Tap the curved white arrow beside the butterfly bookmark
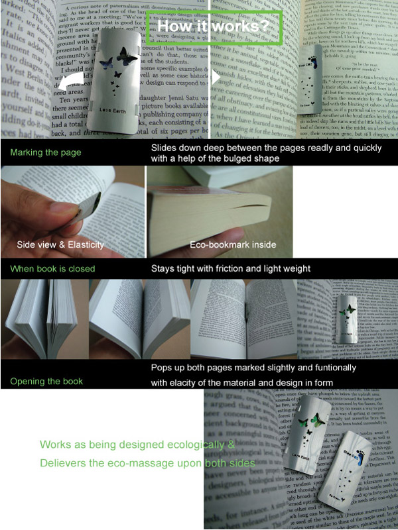pyautogui.click(x=71, y=83)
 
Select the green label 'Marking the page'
pyautogui.click(x=46, y=152)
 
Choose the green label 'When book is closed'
pyautogui.click(x=53, y=269)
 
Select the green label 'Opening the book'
pyautogui.click(x=46, y=382)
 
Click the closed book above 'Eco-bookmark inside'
pyautogui.click(x=212, y=212)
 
